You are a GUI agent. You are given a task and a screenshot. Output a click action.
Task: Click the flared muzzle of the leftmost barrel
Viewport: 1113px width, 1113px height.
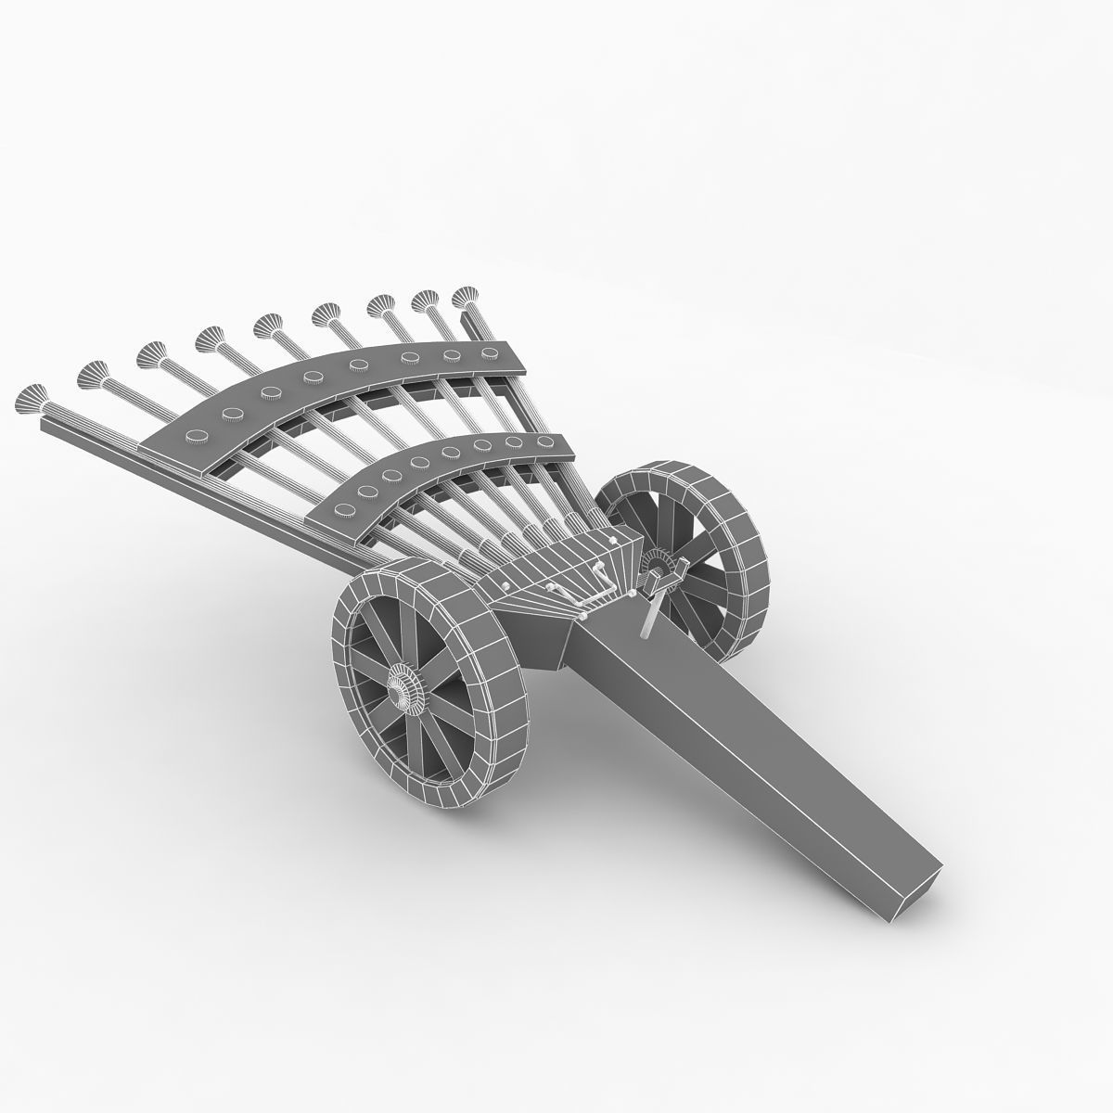click(31, 398)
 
